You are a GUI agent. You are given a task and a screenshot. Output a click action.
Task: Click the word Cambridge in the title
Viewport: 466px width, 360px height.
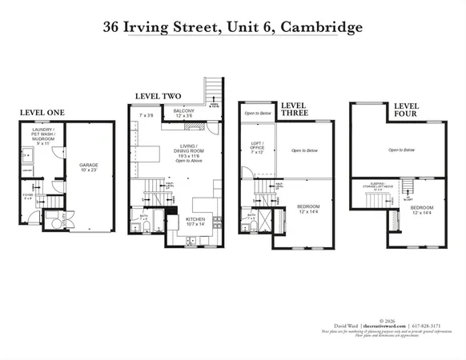322,26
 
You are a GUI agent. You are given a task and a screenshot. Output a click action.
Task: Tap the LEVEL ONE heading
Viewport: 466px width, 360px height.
41,112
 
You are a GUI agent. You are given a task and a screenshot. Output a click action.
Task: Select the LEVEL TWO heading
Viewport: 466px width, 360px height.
154,95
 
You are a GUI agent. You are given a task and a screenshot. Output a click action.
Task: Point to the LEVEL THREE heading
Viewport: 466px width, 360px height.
294,110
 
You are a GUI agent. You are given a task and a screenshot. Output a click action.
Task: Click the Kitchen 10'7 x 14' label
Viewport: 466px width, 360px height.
195,221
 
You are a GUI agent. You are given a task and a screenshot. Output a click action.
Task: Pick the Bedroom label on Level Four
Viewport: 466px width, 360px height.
424,210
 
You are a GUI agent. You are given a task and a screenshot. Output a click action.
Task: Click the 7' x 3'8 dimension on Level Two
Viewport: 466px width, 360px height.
147,116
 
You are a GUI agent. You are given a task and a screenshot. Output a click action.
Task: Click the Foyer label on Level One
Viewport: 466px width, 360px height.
29,195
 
